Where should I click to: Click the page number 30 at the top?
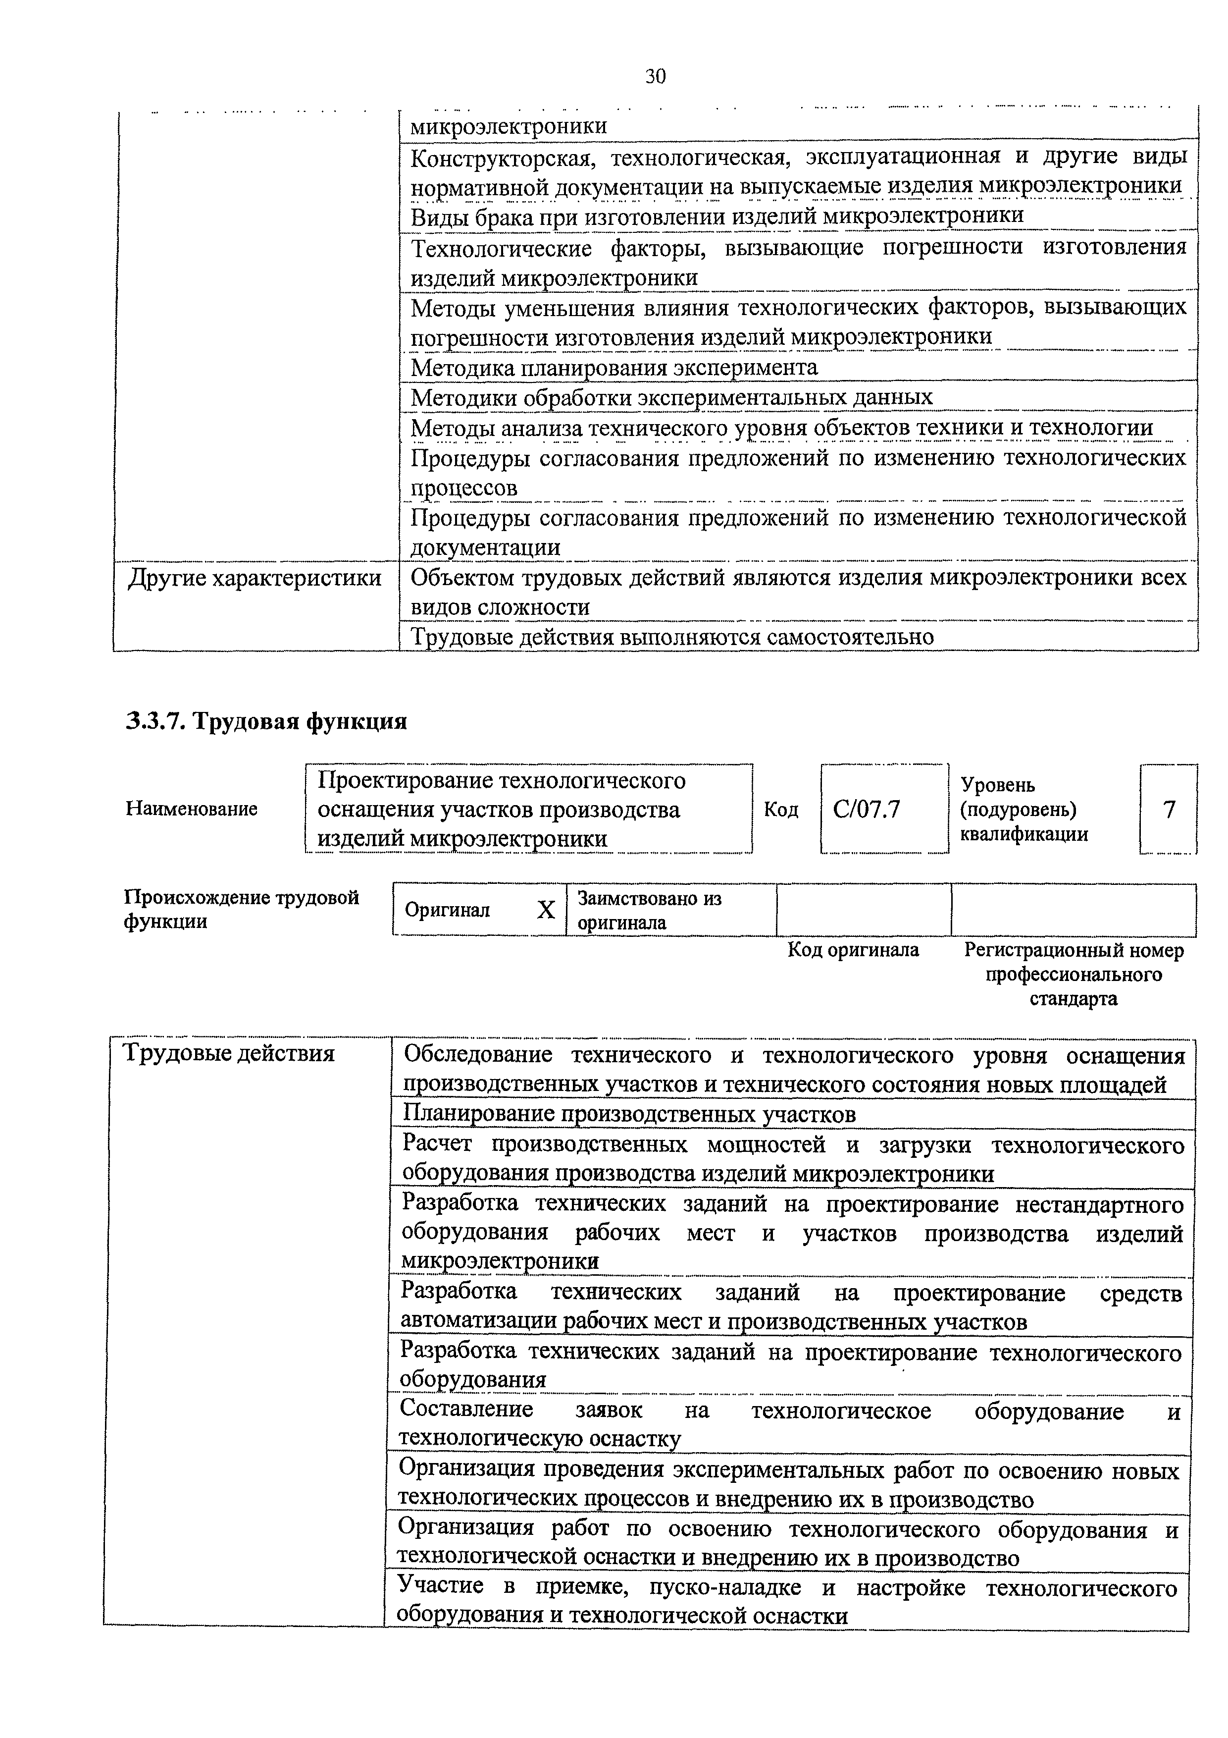[x=655, y=76]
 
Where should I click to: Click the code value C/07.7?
[x=867, y=810]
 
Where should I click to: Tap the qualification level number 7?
[x=1169, y=810]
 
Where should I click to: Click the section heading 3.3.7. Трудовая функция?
[x=266, y=721]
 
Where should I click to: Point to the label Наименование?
[x=192, y=809]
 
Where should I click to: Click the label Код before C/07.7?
[x=781, y=810]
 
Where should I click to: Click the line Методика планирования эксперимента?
[x=614, y=368]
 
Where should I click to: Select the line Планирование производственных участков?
[x=629, y=1114]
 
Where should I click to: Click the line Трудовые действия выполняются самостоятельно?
[x=672, y=637]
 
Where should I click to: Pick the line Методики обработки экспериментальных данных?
[x=671, y=397]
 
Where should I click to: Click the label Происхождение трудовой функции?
[x=241, y=909]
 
